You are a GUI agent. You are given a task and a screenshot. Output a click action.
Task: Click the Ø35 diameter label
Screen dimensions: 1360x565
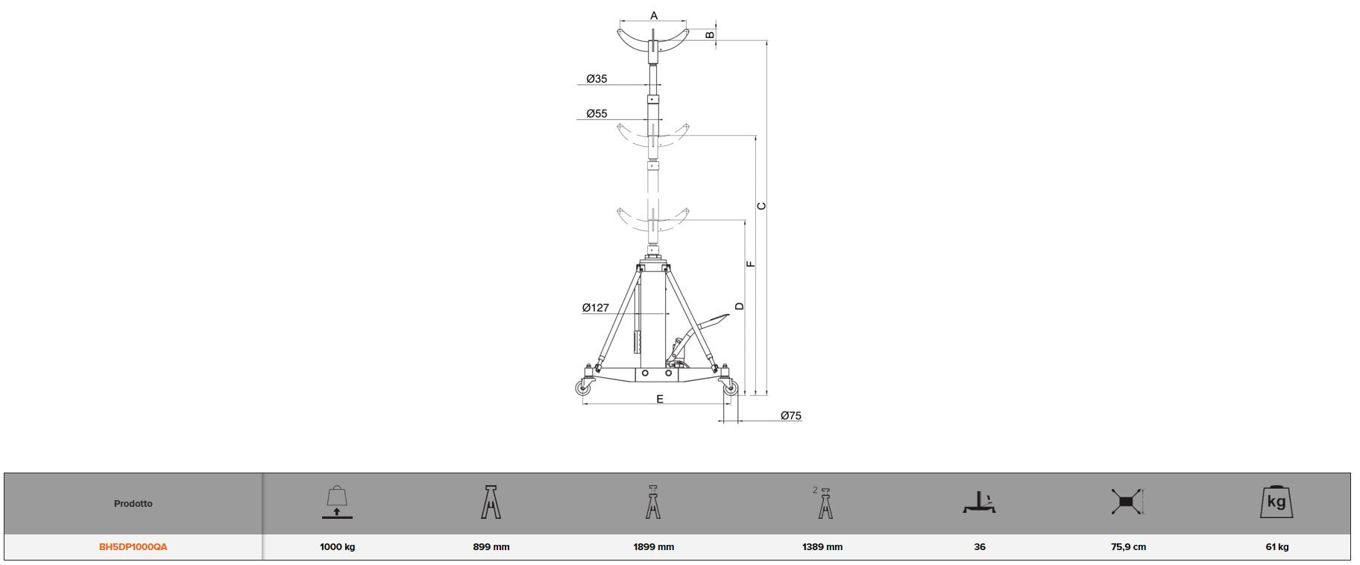596,78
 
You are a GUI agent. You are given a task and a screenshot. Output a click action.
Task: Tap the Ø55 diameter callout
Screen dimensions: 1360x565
596,113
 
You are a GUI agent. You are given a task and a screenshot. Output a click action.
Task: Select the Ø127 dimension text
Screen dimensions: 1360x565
596,307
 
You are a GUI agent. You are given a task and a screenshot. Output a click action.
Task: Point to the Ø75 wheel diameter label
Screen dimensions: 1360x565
791,415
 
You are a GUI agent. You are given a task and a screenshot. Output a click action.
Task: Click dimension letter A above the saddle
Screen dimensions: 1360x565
654,16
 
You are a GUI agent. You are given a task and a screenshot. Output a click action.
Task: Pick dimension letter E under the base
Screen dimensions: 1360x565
660,400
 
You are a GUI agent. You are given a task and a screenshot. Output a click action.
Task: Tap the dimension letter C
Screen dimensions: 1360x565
762,206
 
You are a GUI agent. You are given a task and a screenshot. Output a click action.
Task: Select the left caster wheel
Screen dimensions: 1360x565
582,388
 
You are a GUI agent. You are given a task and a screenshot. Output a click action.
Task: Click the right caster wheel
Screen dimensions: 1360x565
731,388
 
